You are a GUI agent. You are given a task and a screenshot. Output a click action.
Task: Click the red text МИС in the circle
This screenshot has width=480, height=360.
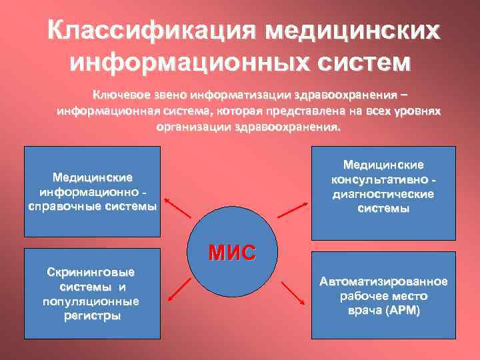click(x=231, y=253)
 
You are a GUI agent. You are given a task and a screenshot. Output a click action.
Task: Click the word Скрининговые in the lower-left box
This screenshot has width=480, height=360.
click(x=91, y=273)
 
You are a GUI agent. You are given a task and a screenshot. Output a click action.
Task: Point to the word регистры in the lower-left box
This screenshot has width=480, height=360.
click(x=91, y=315)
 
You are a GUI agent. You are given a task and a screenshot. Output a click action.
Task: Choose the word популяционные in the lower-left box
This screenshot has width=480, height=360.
click(x=91, y=301)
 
